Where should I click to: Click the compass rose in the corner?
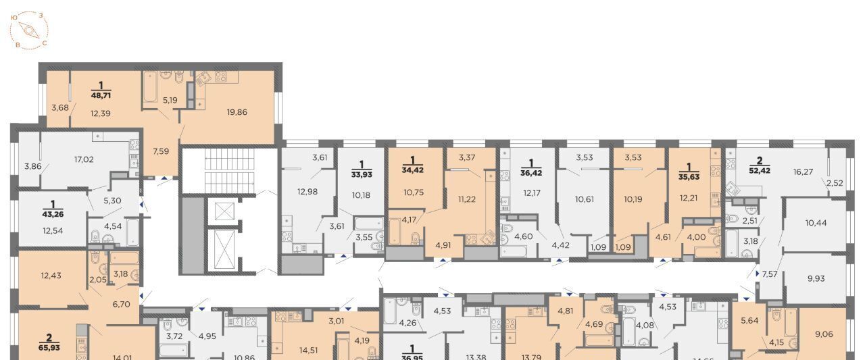(29, 30)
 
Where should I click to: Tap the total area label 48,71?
(101, 95)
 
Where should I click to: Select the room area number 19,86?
(237, 112)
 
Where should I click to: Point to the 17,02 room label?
(84, 159)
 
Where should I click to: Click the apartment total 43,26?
(53, 214)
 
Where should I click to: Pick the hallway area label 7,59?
(161, 151)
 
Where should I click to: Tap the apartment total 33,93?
(362, 174)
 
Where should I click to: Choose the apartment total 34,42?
(412, 170)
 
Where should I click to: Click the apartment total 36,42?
(531, 174)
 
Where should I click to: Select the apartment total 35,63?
(689, 177)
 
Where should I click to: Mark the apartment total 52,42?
(760, 171)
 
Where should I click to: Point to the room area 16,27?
(804, 172)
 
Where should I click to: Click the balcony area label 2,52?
(835, 183)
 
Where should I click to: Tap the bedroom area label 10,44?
(816, 223)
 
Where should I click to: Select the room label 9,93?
(816, 278)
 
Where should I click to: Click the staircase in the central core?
(229, 171)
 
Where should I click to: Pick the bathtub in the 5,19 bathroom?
(150, 86)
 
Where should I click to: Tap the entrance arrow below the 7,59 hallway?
(165, 178)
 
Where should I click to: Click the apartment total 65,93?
(49, 348)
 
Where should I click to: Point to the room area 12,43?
(51, 276)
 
